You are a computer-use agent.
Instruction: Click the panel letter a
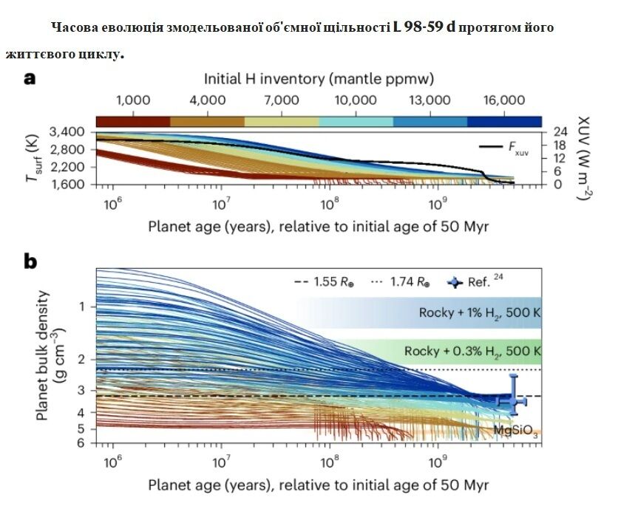coord(30,78)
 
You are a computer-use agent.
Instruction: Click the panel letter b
coord(30,262)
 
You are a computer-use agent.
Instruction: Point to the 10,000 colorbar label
coord(356,101)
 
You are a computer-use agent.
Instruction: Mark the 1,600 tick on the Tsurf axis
coord(70,185)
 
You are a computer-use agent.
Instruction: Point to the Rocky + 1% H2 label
coord(479,312)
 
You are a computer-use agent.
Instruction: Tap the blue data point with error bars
coord(512,401)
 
